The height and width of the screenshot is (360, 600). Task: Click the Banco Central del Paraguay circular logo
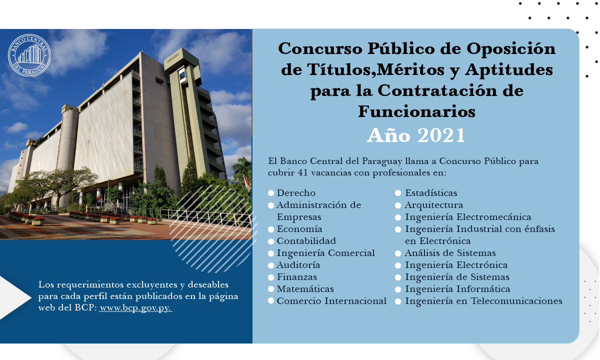coord(29,55)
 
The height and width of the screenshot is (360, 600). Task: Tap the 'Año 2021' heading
coord(416,135)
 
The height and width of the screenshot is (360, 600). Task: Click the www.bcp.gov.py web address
coord(135,307)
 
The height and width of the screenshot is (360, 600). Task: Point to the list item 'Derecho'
coord(296,193)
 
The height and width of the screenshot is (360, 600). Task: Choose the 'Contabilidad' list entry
coord(306,241)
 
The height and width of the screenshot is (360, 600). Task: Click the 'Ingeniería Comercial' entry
coord(325,253)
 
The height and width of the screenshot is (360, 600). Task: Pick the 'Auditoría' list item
coord(298,265)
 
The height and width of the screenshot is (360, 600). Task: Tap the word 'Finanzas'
coord(296,277)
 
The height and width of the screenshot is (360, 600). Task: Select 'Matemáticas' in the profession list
coord(305,289)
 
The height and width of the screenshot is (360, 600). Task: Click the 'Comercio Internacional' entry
coord(331,301)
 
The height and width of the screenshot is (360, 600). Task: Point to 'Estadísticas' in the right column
coord(430,193)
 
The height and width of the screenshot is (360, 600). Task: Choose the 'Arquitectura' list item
coord(433,205)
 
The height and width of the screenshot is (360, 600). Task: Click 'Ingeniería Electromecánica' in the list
coord(467,217)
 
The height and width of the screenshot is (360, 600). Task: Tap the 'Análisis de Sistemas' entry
coord(450,253)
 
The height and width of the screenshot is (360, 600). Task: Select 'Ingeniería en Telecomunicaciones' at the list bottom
coord(483,301)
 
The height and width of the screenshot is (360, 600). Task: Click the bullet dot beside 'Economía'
coord(271,229)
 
